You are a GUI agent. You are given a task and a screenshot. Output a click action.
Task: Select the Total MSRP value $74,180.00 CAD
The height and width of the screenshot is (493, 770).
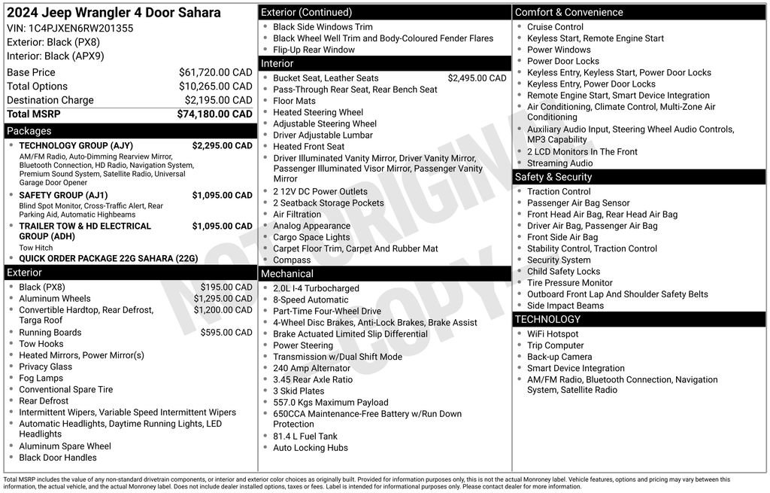214,114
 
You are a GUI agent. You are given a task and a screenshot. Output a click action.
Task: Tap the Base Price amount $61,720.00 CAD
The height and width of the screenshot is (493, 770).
215,72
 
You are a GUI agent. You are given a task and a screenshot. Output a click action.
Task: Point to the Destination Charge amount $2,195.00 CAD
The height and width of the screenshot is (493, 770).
218,100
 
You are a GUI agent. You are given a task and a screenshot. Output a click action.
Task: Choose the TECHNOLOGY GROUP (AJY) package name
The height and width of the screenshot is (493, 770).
75,146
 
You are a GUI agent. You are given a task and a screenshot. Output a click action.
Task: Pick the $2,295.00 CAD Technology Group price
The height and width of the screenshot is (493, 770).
222,146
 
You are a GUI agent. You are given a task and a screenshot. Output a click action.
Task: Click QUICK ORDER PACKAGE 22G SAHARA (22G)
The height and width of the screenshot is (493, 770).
108,258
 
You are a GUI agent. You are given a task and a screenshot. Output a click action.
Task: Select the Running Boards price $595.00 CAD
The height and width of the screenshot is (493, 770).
226,333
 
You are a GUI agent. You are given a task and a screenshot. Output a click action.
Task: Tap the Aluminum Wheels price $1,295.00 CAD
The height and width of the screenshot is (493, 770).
223,299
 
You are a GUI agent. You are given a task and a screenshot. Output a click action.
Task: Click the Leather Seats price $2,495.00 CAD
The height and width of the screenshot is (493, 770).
477,78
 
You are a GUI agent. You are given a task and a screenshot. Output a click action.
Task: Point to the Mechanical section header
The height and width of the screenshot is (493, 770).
286,274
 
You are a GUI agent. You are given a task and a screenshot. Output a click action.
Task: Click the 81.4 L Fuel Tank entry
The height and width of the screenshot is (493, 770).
305,437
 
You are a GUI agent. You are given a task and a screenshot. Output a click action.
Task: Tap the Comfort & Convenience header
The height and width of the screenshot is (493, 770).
568,12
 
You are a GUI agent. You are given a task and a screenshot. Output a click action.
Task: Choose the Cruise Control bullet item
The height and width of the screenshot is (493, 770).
555,27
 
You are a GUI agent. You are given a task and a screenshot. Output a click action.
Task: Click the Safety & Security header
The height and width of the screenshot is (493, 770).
553,177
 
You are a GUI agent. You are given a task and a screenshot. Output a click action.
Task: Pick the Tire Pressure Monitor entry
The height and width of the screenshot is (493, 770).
569,283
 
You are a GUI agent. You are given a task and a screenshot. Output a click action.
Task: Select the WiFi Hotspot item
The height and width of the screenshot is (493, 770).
553,334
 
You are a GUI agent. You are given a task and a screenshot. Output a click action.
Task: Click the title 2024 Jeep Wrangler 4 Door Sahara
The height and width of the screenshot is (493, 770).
114,13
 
